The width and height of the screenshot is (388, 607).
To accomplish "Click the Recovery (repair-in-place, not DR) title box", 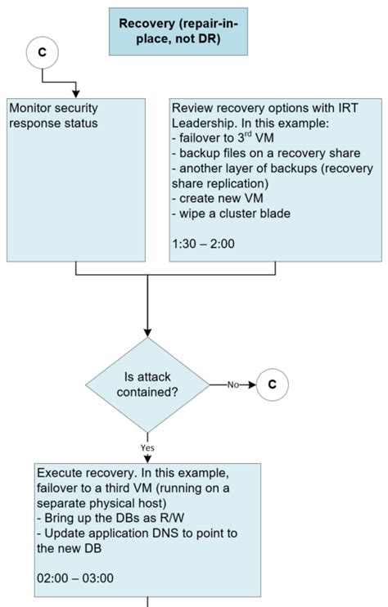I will click(x=177, y=32).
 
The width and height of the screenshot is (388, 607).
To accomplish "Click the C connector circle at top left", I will click(x=42, y=52).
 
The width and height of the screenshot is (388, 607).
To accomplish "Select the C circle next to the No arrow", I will click(x=273, y=384).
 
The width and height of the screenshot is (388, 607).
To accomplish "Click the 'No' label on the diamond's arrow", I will click(x=232, y=384).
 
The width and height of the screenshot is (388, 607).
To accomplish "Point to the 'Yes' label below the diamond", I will click(x=147, y=448).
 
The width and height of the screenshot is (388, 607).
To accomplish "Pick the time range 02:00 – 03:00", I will click(x=75, y=578).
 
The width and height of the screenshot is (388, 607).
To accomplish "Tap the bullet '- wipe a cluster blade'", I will click(x=230, y=214).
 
